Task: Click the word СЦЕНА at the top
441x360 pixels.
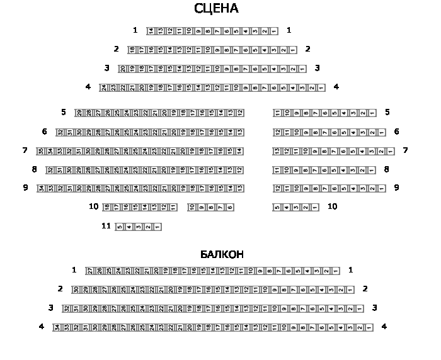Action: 216,9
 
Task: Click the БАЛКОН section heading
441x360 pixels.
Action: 222,254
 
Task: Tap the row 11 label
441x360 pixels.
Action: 106,226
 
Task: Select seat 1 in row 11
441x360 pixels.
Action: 157,227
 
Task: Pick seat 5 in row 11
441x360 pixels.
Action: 119,227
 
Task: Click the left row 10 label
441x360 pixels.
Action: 93,206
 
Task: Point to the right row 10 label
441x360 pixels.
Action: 332,206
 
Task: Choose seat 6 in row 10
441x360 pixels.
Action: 230,206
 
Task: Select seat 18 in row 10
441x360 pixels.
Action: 106,206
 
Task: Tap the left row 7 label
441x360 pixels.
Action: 25,150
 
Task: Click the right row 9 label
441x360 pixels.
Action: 396,188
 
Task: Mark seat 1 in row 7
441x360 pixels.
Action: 391,151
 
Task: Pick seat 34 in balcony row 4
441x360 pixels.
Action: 56,327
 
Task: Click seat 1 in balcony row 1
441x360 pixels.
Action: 336,271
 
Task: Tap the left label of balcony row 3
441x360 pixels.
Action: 50,308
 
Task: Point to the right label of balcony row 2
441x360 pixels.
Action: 365,289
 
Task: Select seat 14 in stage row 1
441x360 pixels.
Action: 151,31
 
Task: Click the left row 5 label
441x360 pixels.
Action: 63,112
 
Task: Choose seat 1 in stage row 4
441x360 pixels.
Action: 321,87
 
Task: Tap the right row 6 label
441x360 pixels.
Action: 396,132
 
